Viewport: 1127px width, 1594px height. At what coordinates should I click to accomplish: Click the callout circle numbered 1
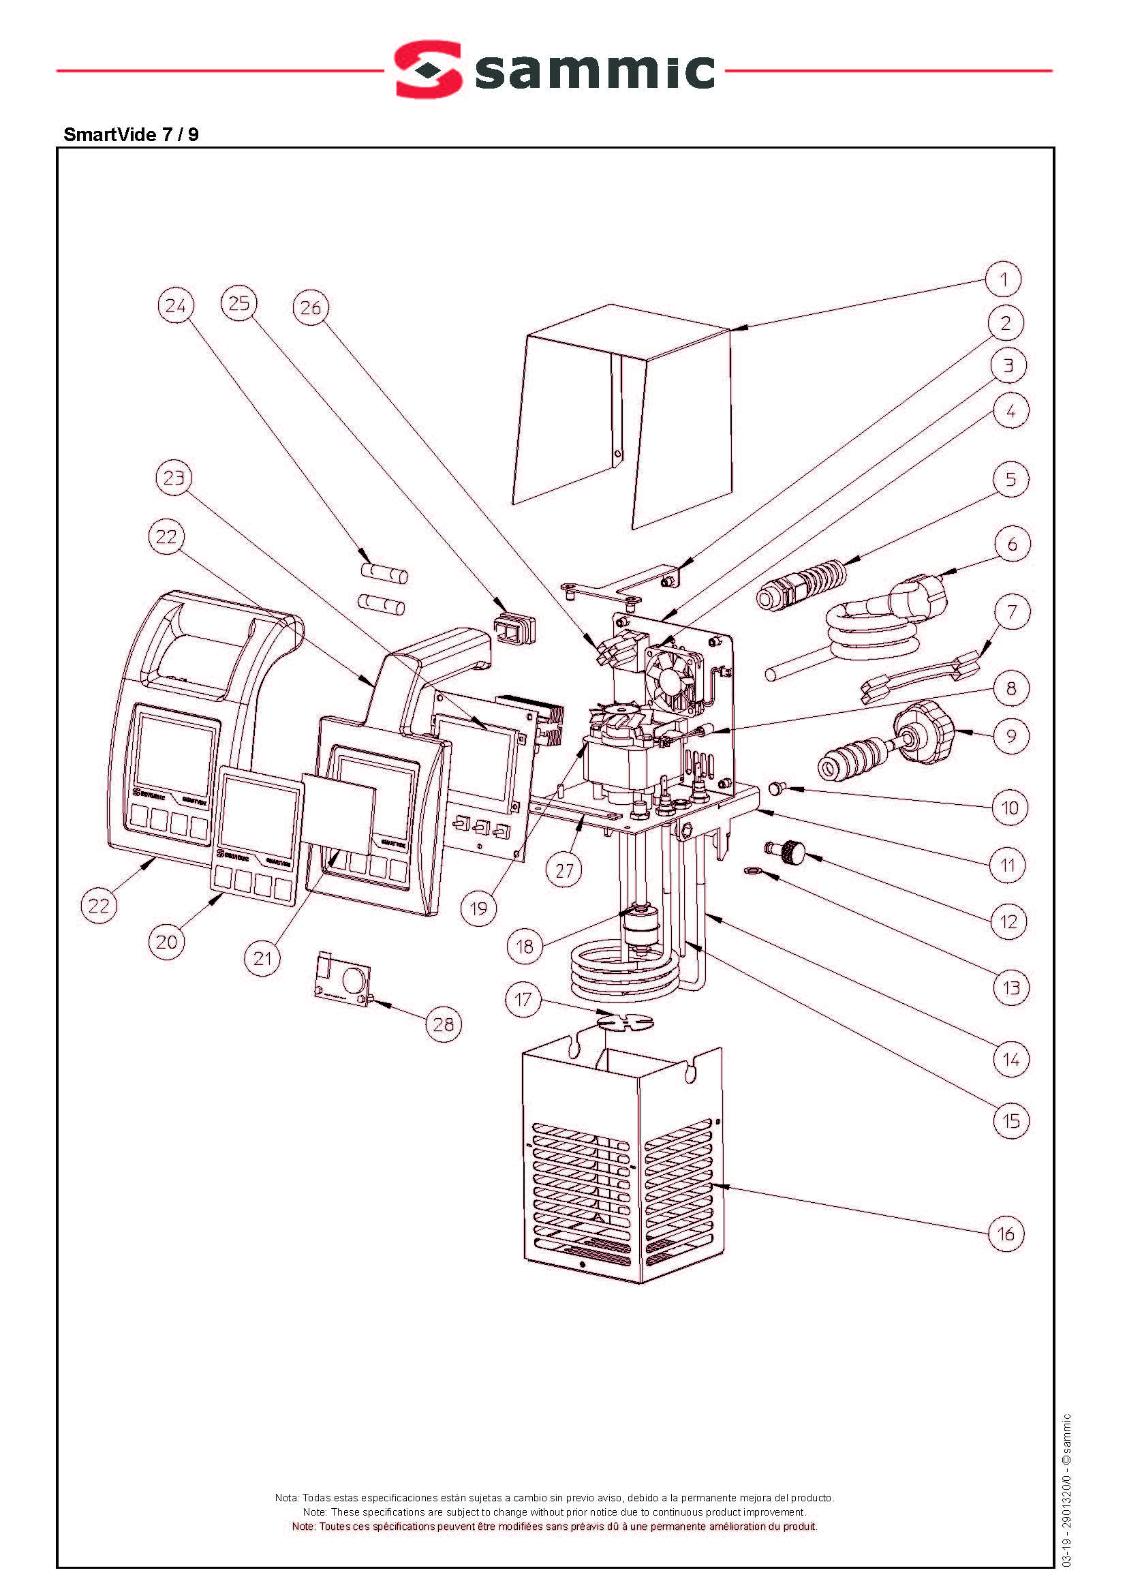click(x=1004, y=280)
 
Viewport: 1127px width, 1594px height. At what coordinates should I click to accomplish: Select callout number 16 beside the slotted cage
click(x=1006, y=1233)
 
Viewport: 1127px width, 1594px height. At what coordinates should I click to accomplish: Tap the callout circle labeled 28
click(x=444, y=1024)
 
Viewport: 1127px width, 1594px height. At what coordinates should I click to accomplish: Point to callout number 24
click(x=176, y=305)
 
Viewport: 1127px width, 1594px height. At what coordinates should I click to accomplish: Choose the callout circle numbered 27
click(x=564, y=870)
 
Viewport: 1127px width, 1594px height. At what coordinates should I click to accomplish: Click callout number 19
click(x=479, y=908)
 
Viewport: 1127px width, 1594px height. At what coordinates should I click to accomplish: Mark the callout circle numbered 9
click(x=1011, y=736)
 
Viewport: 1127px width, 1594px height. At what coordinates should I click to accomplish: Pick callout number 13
click(x=1011, y=987)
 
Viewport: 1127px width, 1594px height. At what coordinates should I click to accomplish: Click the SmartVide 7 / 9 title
click(x=131, y=135)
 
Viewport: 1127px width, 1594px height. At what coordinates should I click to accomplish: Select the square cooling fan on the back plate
click(x=673, y=677)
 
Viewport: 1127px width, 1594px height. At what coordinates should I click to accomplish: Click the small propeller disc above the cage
click(x=625, y=1021)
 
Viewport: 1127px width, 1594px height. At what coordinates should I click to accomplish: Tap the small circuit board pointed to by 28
click(x=343, y=979)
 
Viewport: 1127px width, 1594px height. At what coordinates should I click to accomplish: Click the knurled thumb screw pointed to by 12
click(x=790, y=851)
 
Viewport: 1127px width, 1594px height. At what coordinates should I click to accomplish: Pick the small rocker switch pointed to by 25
click(x=515, y=629)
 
